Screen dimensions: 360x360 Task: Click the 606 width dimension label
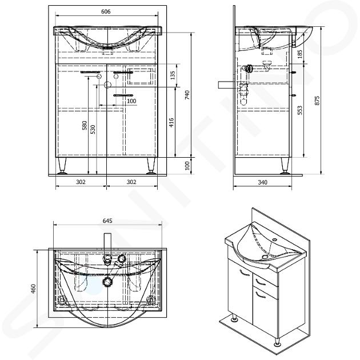[x=106, y=11]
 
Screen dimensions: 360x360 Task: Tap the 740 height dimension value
[x=187, y=95]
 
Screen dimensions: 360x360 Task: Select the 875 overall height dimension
[x=317, y=101]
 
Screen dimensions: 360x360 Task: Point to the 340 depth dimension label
[x=262, y=182]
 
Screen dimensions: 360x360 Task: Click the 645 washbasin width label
[x=107, y=221]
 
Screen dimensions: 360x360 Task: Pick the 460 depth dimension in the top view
[x=34, y=289]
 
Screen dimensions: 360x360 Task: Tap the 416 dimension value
[x=171, y=122]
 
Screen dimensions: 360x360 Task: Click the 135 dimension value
[x=173, y=75]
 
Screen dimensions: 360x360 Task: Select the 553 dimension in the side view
[x=300, y=110]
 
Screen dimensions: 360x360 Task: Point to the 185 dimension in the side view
[x=300, y=54]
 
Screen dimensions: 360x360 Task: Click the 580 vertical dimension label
[x=85, y=125]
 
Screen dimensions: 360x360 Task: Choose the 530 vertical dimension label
[x=93, y=130]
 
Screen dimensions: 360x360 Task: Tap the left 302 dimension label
[x=81, y=182]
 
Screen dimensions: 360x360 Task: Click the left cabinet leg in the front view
[x=62, y=166]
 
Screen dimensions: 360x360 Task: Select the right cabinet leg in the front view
[x=151, y=166]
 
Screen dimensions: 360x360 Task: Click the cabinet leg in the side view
[x=285, y=166]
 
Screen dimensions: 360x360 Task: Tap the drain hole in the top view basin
[x=107, y=281]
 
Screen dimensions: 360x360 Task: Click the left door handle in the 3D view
[x=245, y=273]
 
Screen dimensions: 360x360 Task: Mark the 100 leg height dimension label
[x=187, y=166]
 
